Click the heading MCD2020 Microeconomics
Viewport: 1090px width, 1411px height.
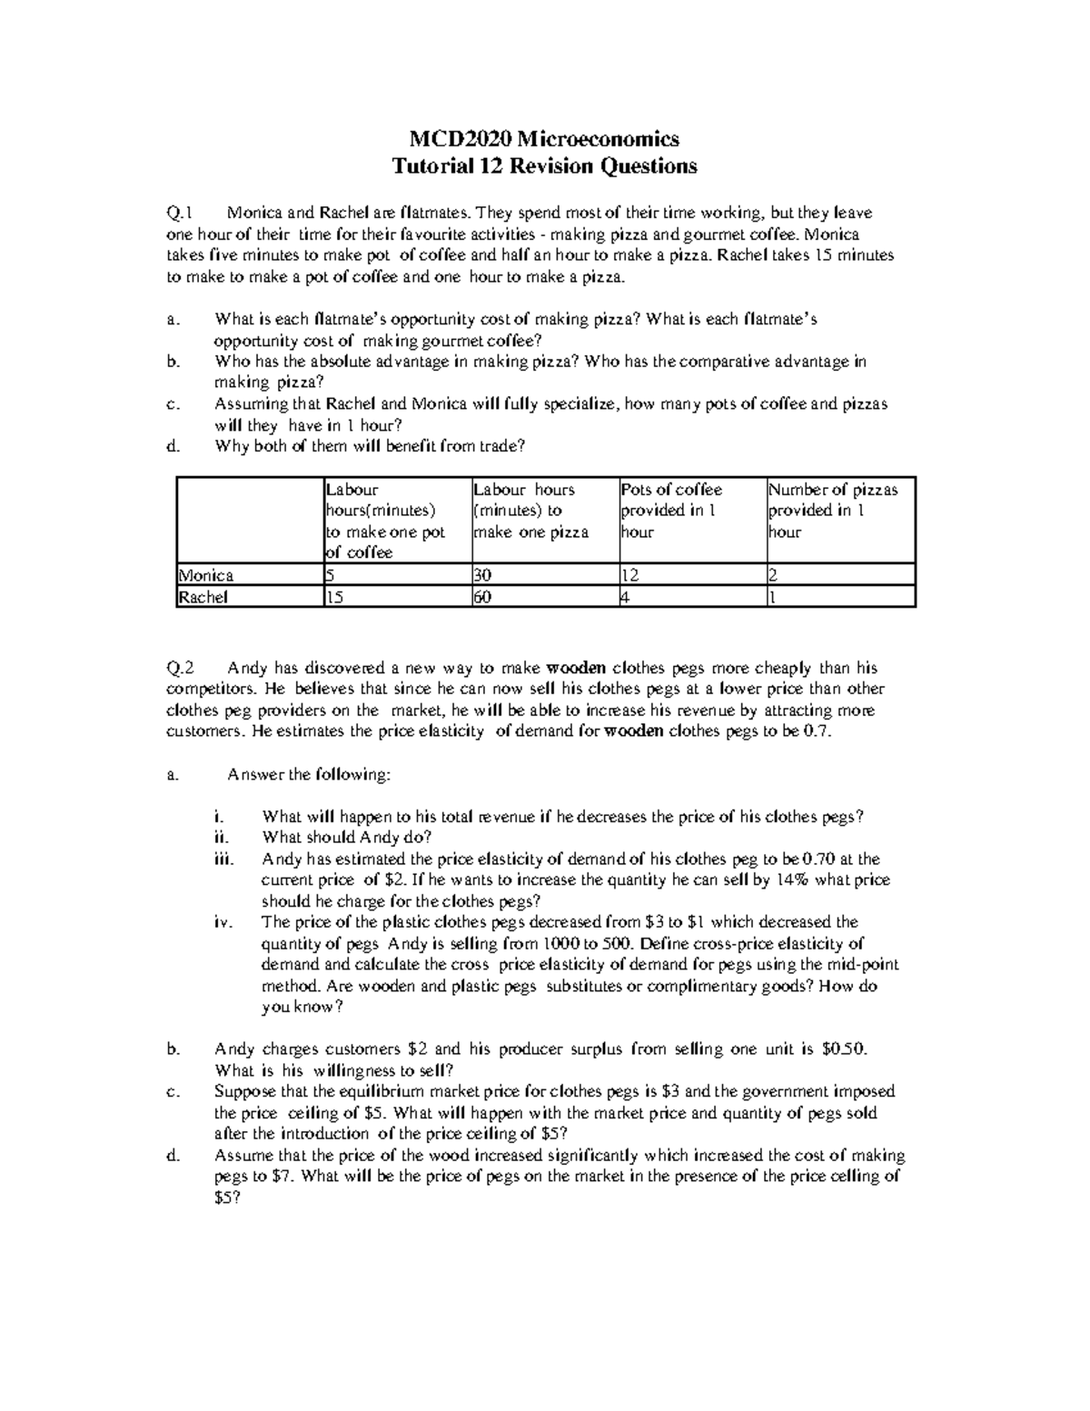(544, 139)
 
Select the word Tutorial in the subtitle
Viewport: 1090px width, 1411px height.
(424, 166)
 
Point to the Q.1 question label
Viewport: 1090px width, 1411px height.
(181, 214)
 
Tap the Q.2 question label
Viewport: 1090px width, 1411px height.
(181, 669)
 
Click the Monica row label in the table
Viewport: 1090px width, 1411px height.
(206, 575)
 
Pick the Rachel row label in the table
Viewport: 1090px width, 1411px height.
(203, 597)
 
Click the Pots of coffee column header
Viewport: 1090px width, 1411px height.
(672, 490)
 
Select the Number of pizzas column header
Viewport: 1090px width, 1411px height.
(833, 490)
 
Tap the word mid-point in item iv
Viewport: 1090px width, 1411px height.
(862, 965)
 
